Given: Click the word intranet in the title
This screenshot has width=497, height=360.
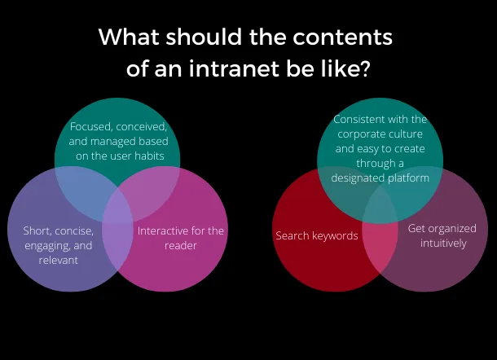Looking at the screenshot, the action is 234,68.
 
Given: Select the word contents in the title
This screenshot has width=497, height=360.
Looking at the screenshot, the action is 342,37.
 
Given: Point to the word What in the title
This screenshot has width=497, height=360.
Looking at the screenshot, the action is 129,37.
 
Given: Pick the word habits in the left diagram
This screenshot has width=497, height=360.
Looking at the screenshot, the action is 149,156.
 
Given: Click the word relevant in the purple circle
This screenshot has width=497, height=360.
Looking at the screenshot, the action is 59,260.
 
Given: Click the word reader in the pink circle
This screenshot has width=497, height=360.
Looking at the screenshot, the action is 181,245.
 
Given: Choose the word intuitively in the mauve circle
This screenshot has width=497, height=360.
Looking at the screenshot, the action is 443,244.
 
